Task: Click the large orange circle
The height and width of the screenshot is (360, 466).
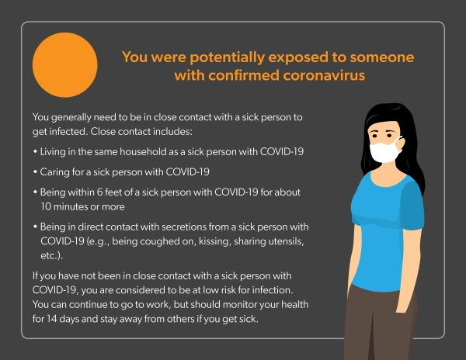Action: (x=64, y=65)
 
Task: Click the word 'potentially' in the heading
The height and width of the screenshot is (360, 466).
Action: (x=227, y=57)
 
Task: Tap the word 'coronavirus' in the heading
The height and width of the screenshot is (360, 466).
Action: (x=324, y=75)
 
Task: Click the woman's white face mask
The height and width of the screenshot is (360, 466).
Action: (x=384, y=152)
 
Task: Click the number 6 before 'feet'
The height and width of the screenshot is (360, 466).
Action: (x=99, y=192)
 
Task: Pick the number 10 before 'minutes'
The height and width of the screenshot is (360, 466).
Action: (x=46, y=206)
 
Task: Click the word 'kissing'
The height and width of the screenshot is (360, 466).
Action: (x=214, y=241)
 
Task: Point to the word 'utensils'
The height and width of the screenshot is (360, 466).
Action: (x=286, y=241)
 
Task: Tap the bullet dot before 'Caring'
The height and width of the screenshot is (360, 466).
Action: (x=35, y=172)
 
